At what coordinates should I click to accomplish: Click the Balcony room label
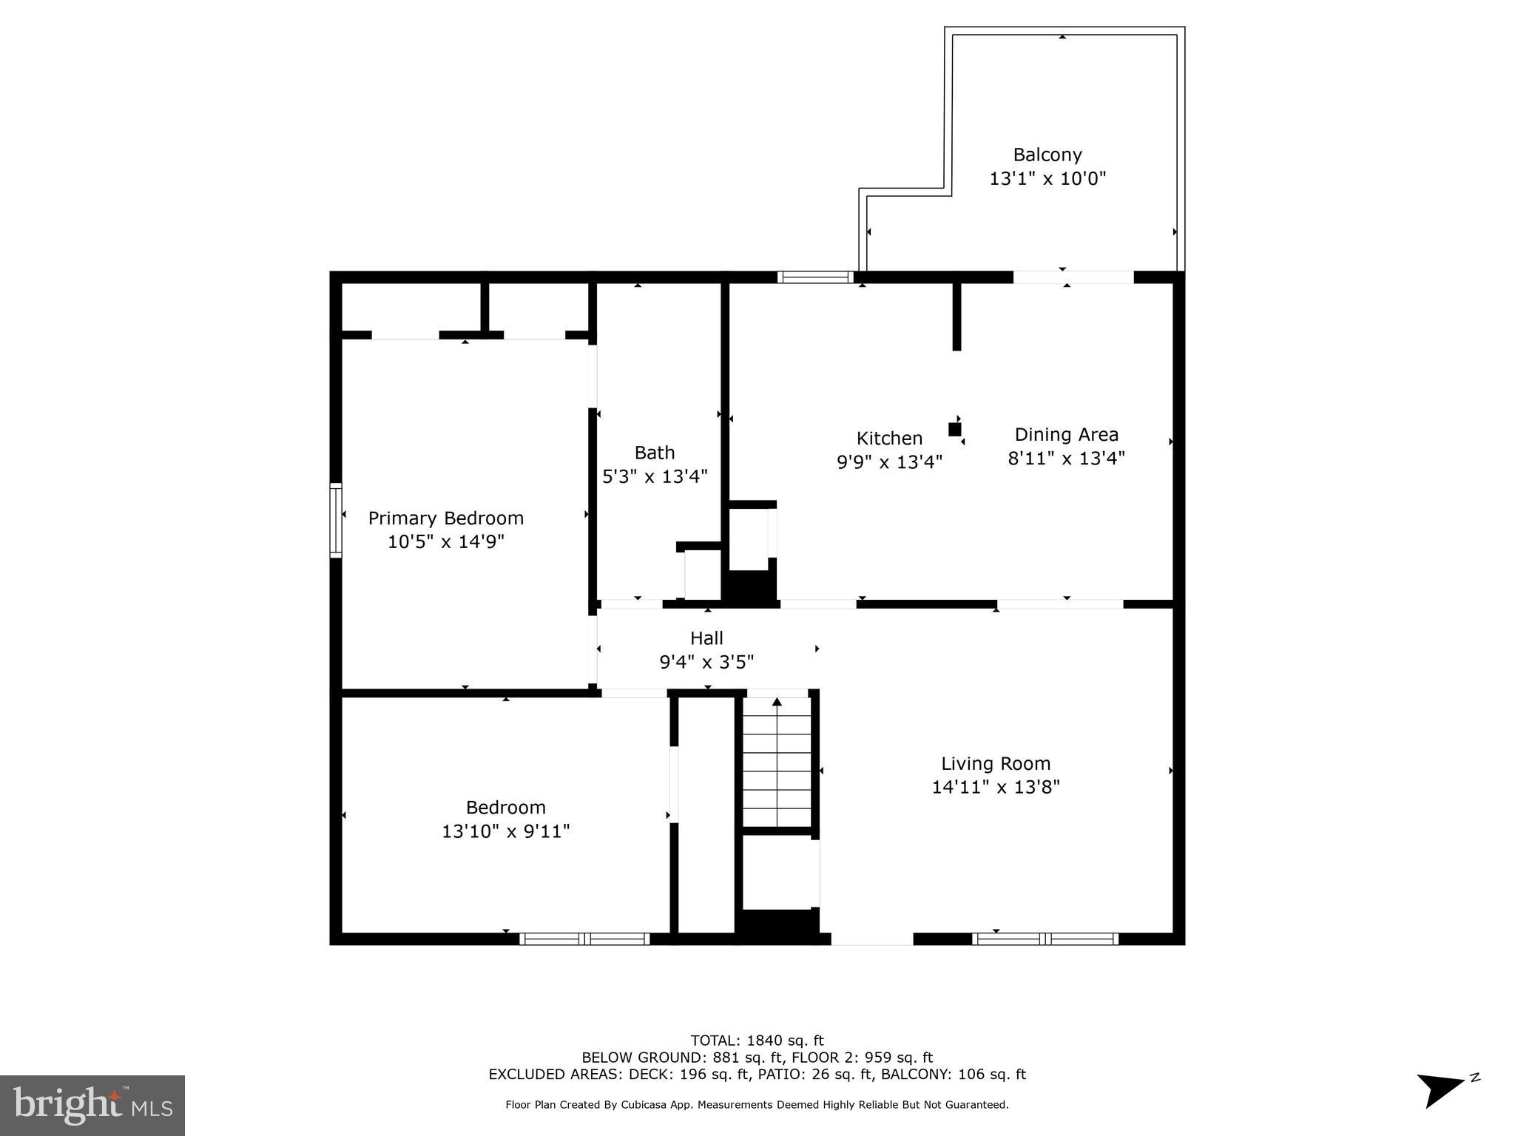coord(1047,155)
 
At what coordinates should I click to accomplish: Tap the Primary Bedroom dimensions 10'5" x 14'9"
coord(445,542)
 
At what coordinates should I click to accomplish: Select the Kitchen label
coord(889,439)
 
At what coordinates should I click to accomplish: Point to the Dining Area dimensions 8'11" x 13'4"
coord(1066,459)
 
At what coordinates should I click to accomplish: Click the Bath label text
coord(655,453)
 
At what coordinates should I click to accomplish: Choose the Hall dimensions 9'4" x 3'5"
coord(706,662)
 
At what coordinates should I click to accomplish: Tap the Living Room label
coord(995,763)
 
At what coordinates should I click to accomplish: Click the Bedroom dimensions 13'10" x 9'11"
coord(505,831)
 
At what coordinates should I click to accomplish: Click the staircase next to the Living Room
coord(777,762)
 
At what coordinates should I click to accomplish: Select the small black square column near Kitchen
coord(954,429)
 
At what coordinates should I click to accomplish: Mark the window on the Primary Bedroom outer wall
coord(336,519)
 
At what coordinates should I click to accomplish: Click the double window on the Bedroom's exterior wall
coord(584,939)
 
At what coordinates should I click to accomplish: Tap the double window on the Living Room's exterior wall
coord(1045,939)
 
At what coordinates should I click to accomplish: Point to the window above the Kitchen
coord(815,277)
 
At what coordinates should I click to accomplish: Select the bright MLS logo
coord(92,1105)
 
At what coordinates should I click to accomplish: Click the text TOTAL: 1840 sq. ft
coord(757,1041)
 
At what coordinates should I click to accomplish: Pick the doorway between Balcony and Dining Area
coord(1073,277)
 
